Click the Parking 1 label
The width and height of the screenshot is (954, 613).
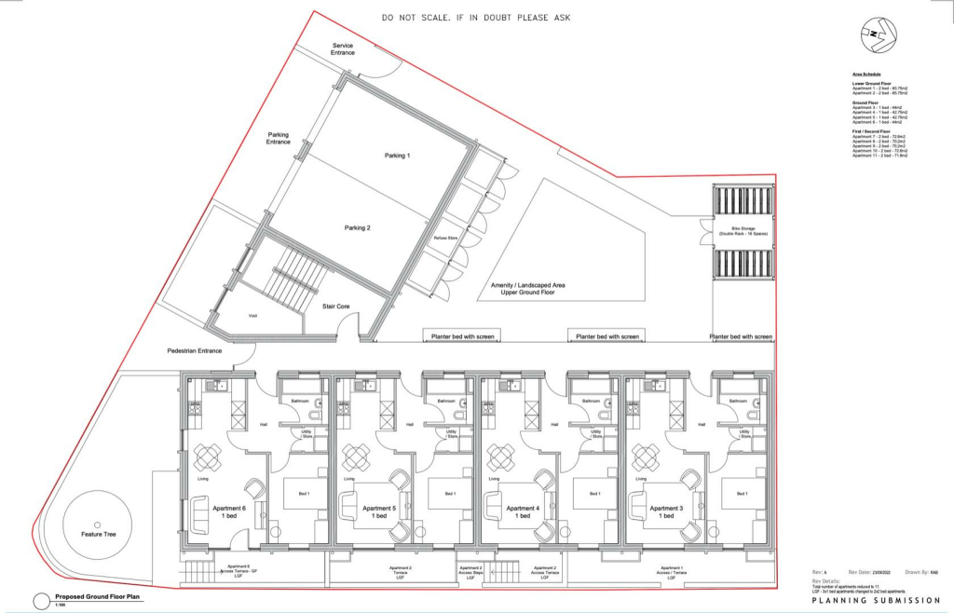397,156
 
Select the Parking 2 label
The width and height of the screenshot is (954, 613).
357,228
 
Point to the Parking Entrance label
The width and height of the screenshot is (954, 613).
279,138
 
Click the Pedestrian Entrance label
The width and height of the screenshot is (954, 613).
195,350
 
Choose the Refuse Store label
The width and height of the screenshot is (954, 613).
447,238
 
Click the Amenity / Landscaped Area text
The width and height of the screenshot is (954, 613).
528,288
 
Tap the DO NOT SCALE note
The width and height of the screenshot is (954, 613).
476,18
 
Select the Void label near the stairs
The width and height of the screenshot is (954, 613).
252,316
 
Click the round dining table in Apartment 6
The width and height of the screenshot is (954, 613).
207,456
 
